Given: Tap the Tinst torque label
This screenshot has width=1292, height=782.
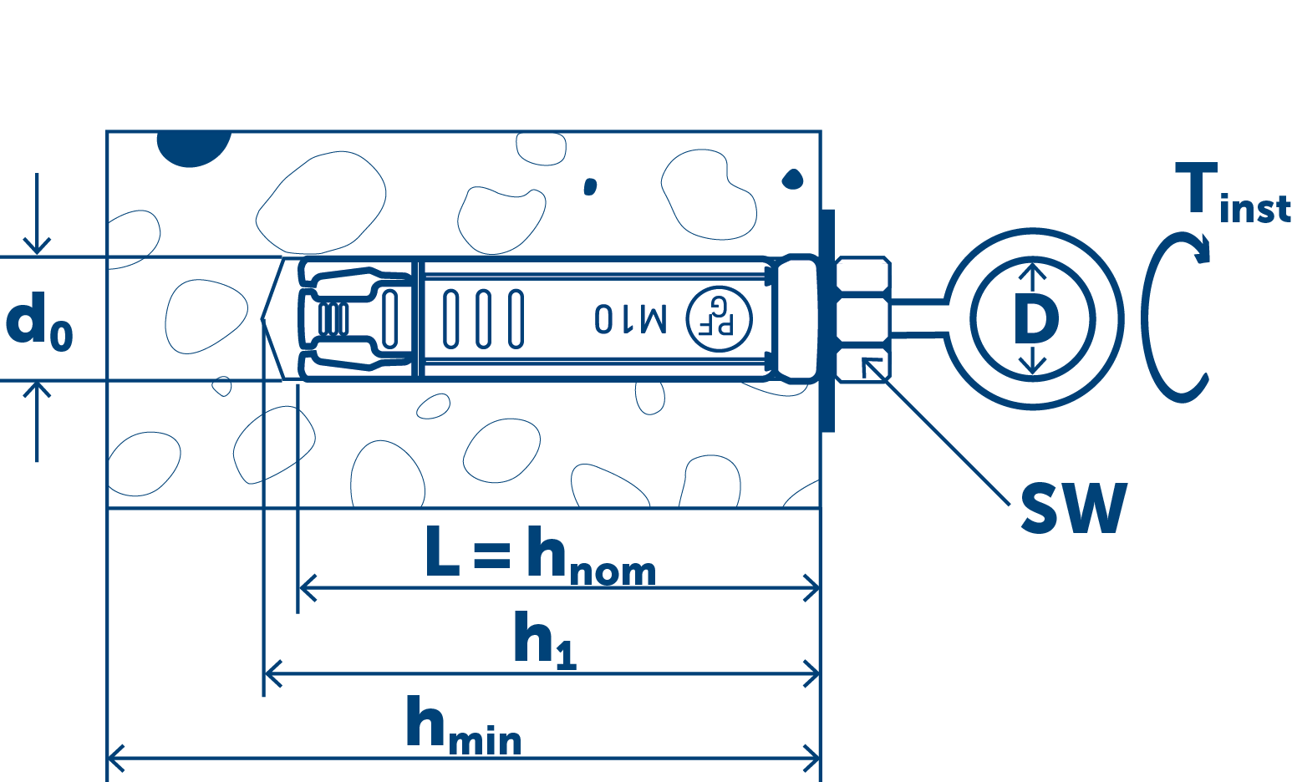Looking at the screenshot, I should tap(1231, 194).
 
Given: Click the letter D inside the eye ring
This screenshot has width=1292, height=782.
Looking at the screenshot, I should tap(1035, 319).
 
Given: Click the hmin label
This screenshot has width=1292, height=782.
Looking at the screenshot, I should tap(463, 726).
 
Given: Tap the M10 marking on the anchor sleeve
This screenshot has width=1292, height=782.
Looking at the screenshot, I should tap(630, 318).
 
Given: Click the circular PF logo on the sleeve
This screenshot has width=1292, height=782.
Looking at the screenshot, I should tap(719, 318).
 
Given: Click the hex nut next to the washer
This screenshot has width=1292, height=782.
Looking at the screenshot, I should tap(862, 319).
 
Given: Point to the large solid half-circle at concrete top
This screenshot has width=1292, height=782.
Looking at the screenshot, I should tap(193, 147).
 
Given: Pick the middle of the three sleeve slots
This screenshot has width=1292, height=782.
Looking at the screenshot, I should tap(483, 318).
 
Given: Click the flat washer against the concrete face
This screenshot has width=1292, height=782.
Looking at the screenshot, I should tap(828, 319).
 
